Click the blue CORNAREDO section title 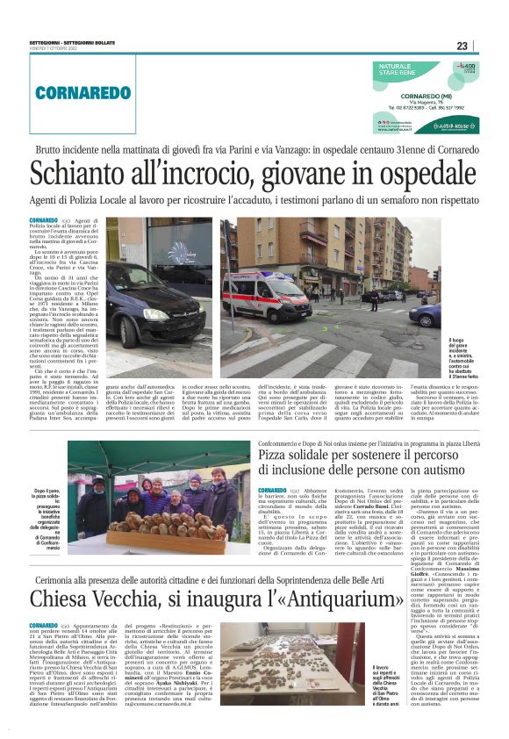point(72,92)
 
